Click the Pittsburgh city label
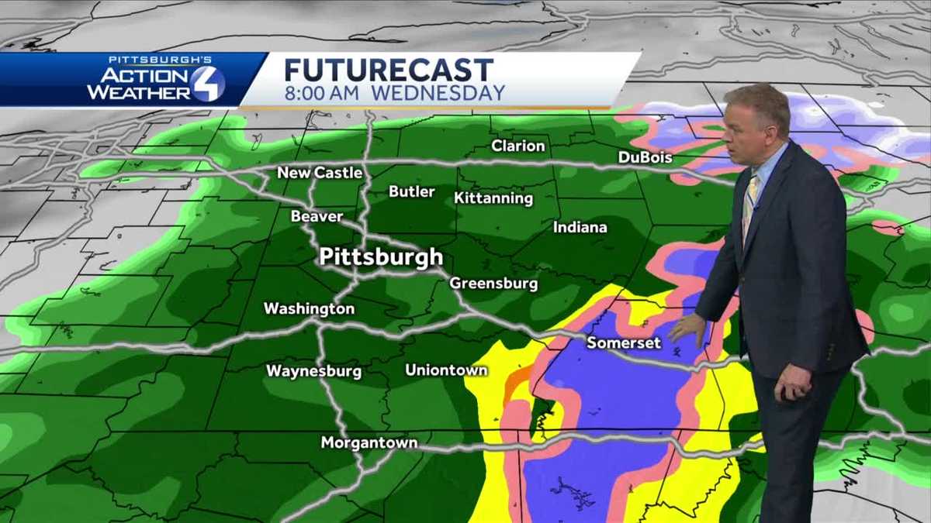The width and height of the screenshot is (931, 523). click(381, 257)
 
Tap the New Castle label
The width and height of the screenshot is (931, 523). click(320, 173)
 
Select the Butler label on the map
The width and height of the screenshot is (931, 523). click(412, 191)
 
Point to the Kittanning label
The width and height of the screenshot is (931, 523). click(493, 198)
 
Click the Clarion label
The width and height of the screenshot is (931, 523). click(518, 146)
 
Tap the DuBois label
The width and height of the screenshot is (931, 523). click(645, 158)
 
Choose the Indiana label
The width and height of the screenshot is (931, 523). click(580, 228)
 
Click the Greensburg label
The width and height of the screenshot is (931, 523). click(493, 284)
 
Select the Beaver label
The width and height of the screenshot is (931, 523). click(317, 217)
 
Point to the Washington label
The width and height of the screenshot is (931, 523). click(309, 309)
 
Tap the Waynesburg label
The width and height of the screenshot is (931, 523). click(313, 371)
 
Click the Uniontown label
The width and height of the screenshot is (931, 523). click(446, 370)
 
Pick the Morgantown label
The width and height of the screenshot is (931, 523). click(369, 443)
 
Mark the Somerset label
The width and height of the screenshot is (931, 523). click(624, 342)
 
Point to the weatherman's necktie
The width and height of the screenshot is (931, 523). click(749, 205)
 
